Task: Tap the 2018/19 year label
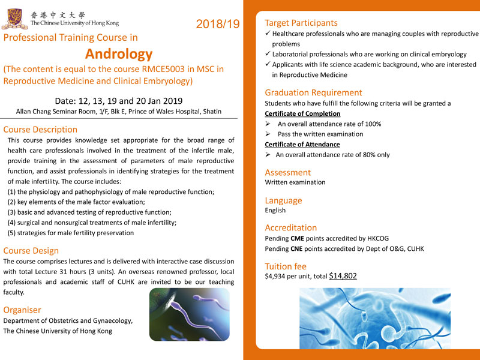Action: tap(217, 24)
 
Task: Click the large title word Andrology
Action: tap(119, 54)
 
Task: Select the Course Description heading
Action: tap(40, 129)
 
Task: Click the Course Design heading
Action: tap(31, 250)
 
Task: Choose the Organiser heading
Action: tap(22, 310)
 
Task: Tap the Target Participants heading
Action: tap(301, 23)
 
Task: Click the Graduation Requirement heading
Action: tap(313, 92)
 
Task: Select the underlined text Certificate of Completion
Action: tap(302, 113)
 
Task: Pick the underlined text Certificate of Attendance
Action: tap(302, 144)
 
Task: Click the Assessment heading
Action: tap(287, 172)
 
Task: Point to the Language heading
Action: tap(283, 200)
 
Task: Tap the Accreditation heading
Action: tap(290, 227)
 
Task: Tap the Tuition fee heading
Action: tap(286, 266)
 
